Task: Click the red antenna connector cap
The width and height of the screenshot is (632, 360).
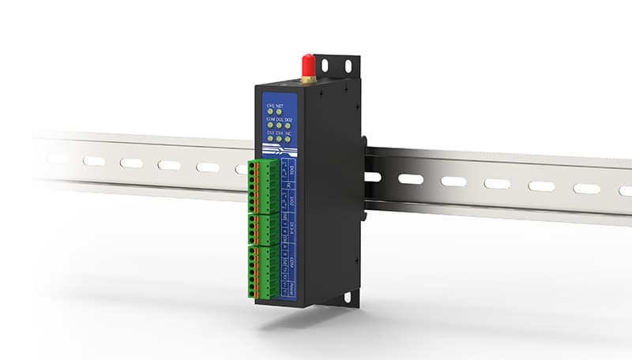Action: click(307, 63)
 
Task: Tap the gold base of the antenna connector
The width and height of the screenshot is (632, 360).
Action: click(307, 78)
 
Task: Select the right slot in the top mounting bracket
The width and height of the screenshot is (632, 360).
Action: click(347, 68)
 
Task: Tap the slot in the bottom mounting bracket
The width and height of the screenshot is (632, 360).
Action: click(345, 298)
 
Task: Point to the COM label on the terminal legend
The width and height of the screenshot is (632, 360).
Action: click(292, 261)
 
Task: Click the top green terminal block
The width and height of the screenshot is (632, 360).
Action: click(261, 186)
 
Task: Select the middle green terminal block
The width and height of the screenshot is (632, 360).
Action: click(261, 229)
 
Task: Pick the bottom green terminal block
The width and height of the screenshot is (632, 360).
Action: click(262, 272)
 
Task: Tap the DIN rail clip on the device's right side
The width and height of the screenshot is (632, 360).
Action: click(364, 178)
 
